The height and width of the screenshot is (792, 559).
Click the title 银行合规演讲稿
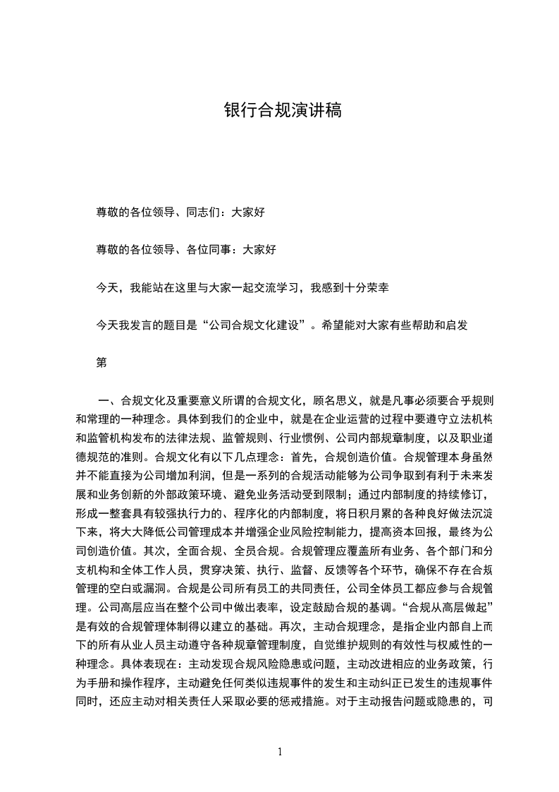[282, 111]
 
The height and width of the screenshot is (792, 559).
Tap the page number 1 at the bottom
[280, 751]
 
